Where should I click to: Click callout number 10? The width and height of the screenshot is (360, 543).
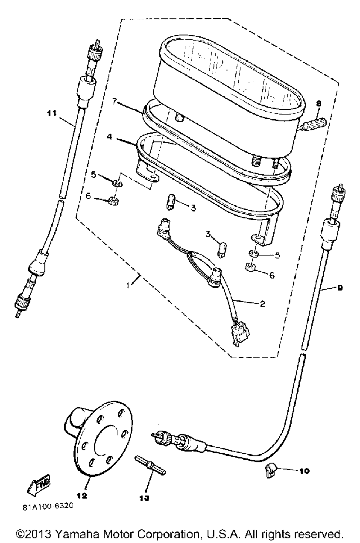pyautogui.click(x=304, y=470)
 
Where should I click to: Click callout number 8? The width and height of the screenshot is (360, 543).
pyautogui.click(x=319, y=104)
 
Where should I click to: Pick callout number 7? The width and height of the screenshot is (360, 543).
pyautogui.click(x=114, y=102)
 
